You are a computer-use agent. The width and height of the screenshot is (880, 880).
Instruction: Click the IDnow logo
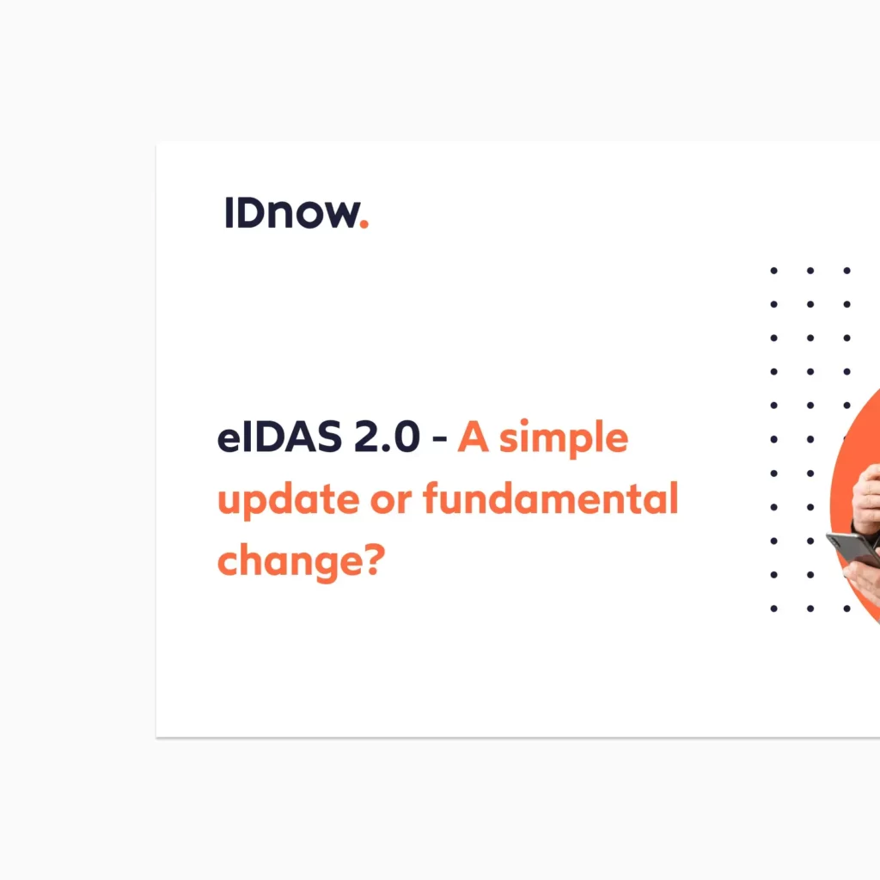point(296,213)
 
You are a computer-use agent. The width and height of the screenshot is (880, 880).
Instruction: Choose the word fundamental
point(551,499)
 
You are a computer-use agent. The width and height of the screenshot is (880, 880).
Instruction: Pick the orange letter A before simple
point(472,438)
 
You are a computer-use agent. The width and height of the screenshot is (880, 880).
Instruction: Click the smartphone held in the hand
point(854,548)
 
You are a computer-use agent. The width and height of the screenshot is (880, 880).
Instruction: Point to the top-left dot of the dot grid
point(773,271)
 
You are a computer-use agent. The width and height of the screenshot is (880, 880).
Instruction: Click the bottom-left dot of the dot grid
point(773,608)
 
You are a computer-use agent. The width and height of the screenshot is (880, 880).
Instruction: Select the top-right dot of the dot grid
point(846,271)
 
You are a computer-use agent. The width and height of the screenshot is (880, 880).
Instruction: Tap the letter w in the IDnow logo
point(337,216)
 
